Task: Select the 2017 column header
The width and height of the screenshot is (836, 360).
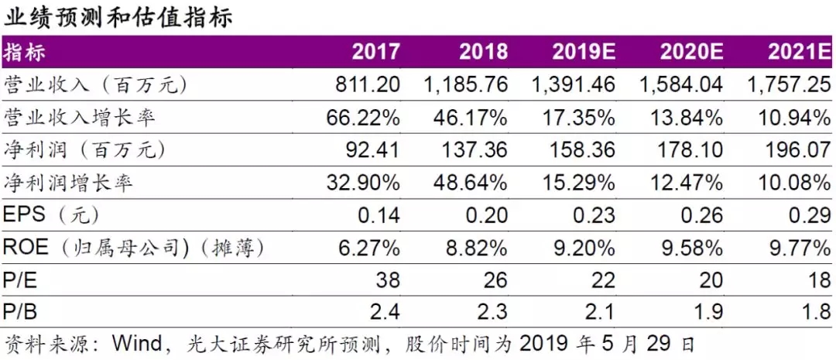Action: pyautogui.click(x=376, y=52)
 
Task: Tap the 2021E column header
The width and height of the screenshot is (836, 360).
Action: pyautogui.click(x=799, y=52)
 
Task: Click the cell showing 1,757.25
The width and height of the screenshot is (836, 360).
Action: pyautogui.click(x=790, y=84)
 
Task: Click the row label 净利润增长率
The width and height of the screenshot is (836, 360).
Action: pyautogui.click(x=68, y=183)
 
